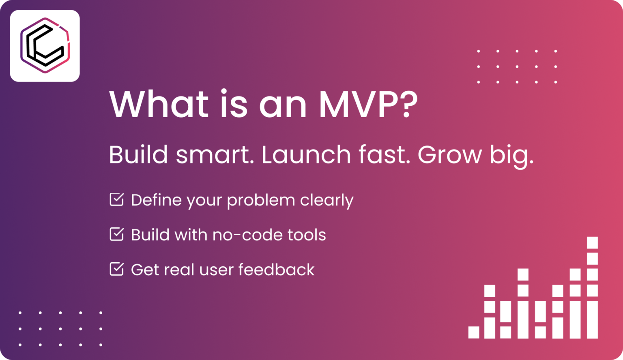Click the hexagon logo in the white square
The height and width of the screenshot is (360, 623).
pos(45,45)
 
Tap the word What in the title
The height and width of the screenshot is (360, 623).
pos(159,105)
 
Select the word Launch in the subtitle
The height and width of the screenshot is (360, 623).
pos(306,155)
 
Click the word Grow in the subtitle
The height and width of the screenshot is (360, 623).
pos(449,155)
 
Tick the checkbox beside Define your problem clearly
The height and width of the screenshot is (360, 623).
pos(117,199)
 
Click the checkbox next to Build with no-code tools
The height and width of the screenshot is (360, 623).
pos(117,234)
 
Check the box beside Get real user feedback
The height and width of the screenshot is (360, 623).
pos(117,269)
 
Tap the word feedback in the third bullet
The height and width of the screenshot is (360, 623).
pos(276,270)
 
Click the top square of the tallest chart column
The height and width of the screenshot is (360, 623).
pos(592,242)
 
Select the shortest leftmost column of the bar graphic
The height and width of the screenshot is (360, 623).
pos(474,332)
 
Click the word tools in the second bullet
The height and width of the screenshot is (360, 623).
pos(307,235)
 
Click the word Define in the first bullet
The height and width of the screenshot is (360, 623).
pos(156,200)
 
